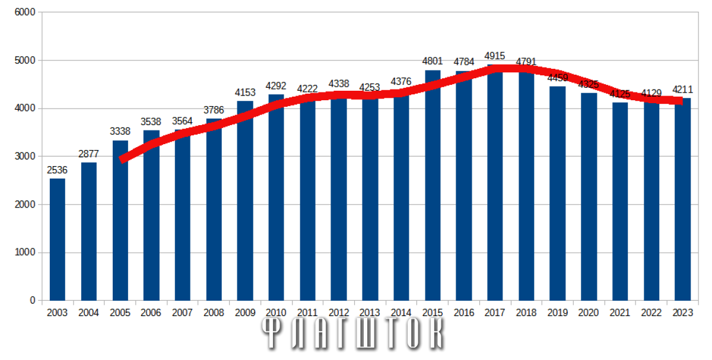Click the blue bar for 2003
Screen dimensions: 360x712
click(58, 240)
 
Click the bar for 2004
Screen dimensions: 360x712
click(89, 231)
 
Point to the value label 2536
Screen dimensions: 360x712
click(58, 170)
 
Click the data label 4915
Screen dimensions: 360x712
click(495, 56)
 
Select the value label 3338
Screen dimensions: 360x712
click(120, 132)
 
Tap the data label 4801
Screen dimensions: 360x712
click(433, 61)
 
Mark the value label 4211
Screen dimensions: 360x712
click(683, 90)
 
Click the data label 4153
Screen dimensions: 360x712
click(245, 93)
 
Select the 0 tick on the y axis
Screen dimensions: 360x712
click(32, 301)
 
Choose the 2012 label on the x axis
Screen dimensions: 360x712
click(339, 313)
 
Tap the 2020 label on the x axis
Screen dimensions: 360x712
click(589, 313)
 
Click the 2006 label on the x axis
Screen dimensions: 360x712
click(151, 313)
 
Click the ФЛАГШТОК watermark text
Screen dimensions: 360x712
click(354, 335)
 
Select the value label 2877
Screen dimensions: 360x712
click(89, 154)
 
